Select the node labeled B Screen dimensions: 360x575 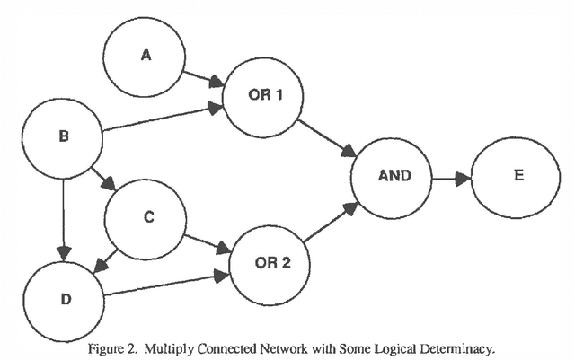coord(62,137)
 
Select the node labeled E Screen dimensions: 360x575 coord(517,176)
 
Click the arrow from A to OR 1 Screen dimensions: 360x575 coord(202,78)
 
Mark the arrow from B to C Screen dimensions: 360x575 coord(102,176)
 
